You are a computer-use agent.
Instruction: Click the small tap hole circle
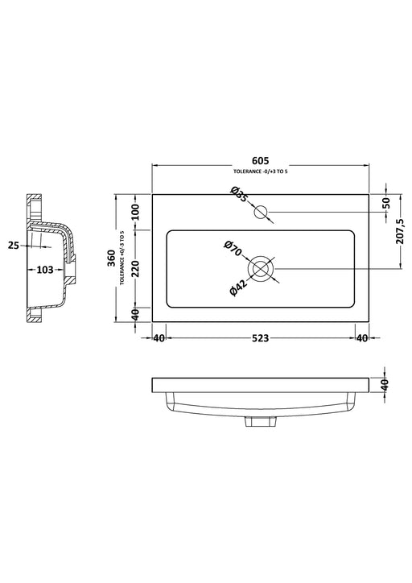coord(261,213)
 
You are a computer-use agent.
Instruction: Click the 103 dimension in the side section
coord(45,270)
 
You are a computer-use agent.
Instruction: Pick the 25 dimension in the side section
coord(14,244)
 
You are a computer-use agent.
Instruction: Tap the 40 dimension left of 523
coord(159,338)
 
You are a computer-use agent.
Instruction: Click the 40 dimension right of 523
coord(362,338)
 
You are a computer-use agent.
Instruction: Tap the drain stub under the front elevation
coord(259,420)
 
